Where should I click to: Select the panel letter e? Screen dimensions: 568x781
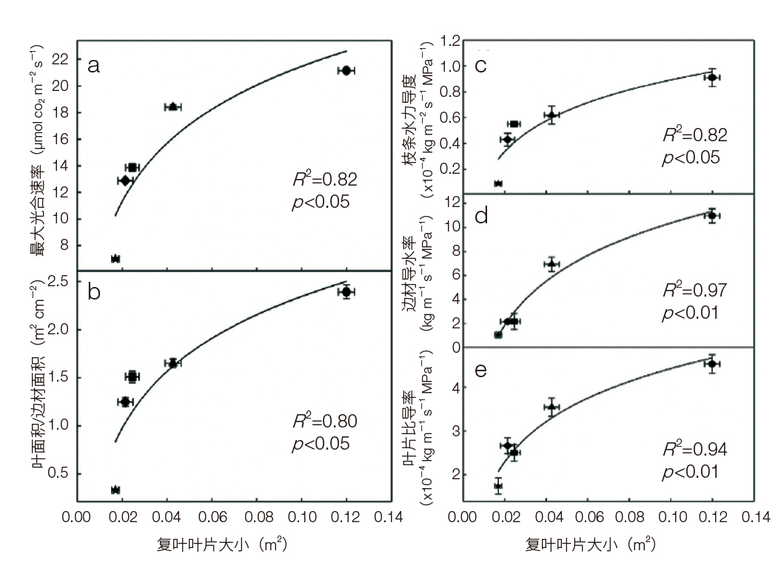480,370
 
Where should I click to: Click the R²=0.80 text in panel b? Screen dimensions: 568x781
324,422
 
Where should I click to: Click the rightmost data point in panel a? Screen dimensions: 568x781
346,70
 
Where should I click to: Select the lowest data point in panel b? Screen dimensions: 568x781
115,490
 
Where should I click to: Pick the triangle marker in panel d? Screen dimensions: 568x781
552,264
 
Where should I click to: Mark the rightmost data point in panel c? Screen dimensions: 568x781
712,78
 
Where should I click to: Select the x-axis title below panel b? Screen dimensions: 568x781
221,546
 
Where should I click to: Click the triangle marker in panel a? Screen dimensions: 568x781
172,107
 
